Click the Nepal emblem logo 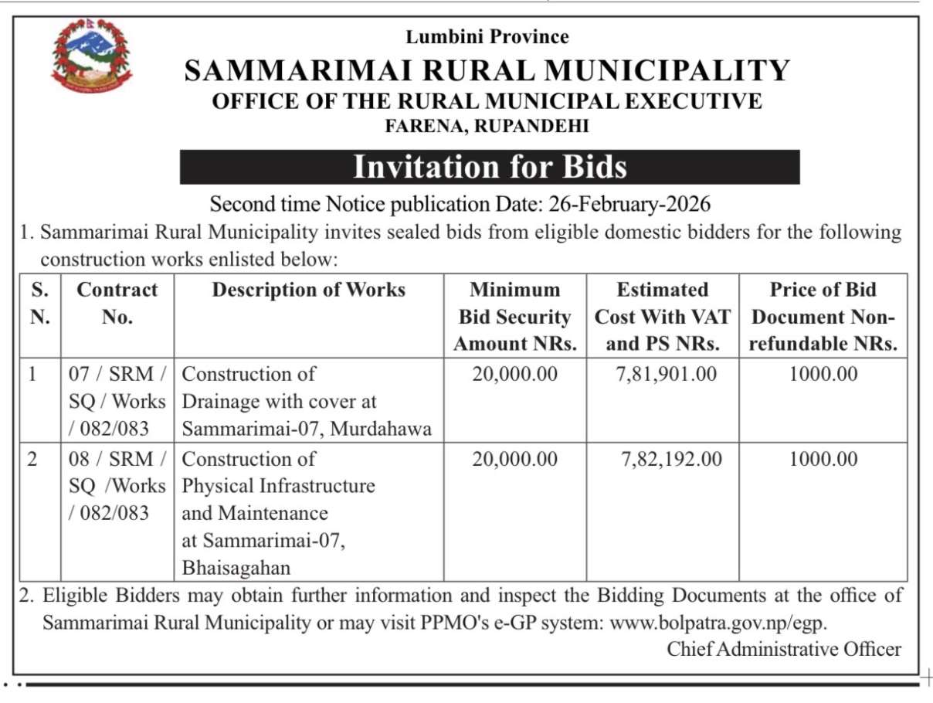click(x=91, y=56)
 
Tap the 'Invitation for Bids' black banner click(x=490, y=167)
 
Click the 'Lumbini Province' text click(x=487, y=36)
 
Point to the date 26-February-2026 click(x=629, y=205)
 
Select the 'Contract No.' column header click(x=117, y=303)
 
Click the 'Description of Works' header click(x=308, y=290)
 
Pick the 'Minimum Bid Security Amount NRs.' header click(x=514, y=317)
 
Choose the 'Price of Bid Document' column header click(x=823, y=317)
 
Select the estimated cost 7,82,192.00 click(x=671, y=459)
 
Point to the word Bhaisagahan click(x=236, y=568)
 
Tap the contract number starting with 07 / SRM click(x=117, y=402)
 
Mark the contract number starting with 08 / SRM click(x=117, y=486)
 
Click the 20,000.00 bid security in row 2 click(x=514, y=459)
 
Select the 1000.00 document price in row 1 click(x=823, y=375)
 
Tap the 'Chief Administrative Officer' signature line click(x=783, y=649)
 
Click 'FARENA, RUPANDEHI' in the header click(x=487, y=126)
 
